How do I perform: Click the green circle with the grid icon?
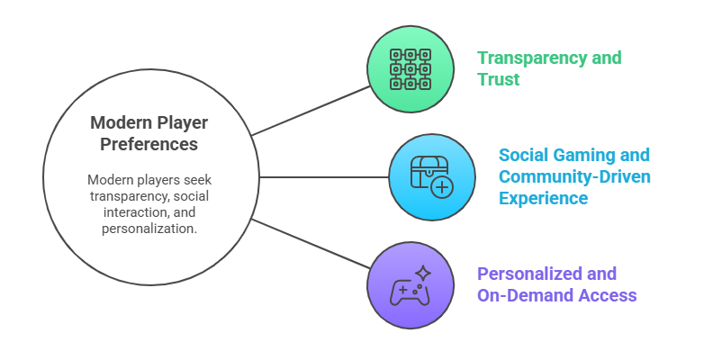coord(411,69)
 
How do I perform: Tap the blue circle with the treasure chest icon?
coord(432,176)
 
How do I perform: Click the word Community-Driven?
coord(574,175)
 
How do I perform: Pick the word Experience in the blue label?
coord(544,197)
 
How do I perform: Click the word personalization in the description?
coord(149,228)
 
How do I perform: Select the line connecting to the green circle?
coord(311,112)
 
